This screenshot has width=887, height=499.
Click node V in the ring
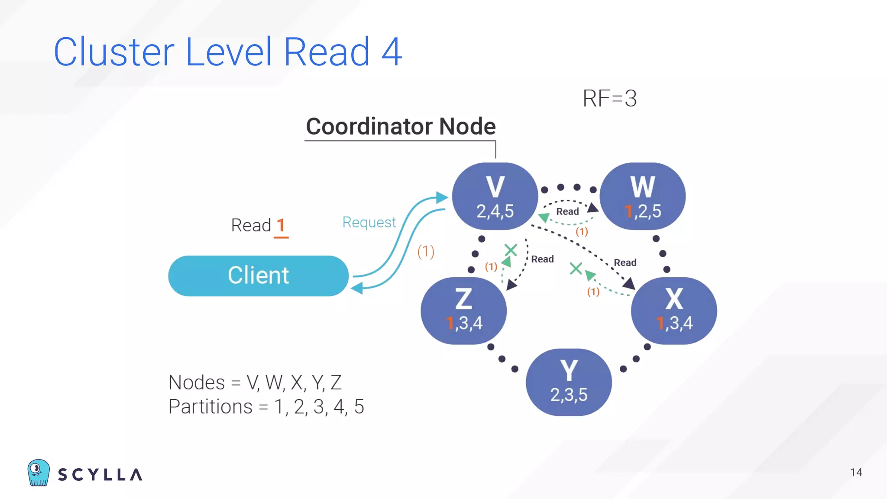(495, 196)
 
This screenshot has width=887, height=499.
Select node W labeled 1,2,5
(642, 196)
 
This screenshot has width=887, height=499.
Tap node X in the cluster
(674, 310)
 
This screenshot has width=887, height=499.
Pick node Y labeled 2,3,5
(569, 382)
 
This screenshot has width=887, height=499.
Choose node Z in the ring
(463, 310)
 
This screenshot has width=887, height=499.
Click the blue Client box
(258, 275)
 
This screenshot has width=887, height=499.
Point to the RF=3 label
(609, 98)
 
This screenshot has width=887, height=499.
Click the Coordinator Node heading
(401, 126)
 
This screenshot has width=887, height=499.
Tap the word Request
(369, 222)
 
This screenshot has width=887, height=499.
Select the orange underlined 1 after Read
(281, 226)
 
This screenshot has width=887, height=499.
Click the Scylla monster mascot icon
(38, 473)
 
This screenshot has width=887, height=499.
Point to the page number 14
(856, 473)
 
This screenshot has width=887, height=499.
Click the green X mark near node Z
(511, 250)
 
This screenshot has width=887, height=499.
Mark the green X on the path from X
(576, 269)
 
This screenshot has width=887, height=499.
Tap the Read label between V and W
(567, 211)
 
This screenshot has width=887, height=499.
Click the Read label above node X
(625, 262)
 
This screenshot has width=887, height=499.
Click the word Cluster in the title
(114, 52)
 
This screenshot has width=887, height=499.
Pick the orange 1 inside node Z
(450, 323)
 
